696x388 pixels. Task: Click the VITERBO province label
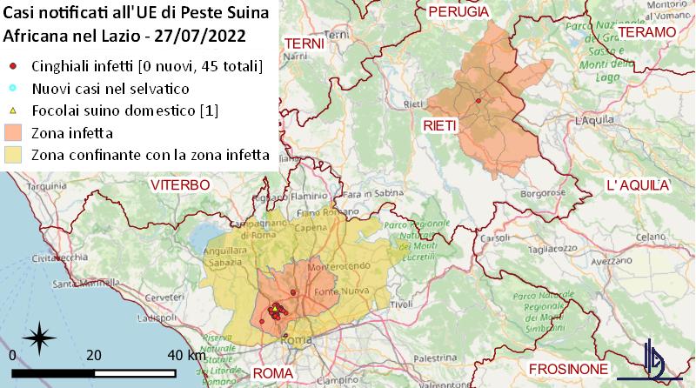point(179,185)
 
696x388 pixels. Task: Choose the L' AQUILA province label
point(638,185)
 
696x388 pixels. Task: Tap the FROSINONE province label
point(565,368)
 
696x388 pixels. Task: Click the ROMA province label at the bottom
point(273,374)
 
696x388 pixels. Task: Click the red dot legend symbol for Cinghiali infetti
point(11,66)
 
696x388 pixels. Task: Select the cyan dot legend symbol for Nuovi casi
point(11,89)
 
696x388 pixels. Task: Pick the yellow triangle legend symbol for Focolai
point(11,111)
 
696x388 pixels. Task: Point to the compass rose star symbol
point(40,336)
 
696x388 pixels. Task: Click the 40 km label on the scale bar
point(186,355)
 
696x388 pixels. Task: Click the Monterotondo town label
point(331,266)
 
